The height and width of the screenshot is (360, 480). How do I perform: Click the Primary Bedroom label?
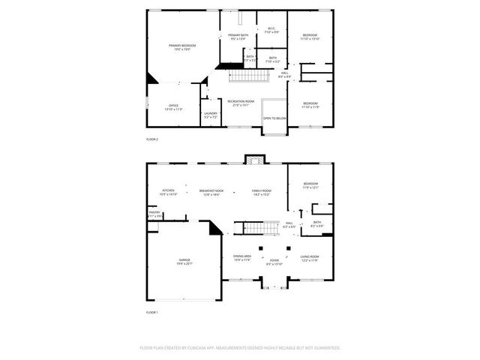coord(177,47)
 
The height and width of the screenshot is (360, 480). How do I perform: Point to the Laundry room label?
coord(211,115)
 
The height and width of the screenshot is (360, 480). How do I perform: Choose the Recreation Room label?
coord(241,103)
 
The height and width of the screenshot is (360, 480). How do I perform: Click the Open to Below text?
coord(274,118)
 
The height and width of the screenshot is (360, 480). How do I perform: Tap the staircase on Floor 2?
coord(248,76)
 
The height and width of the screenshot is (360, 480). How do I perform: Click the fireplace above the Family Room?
coord(255,160)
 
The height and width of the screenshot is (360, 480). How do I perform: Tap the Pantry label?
coord(154,214)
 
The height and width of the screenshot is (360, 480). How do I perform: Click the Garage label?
coord(184,262)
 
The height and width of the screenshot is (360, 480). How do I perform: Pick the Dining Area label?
coord(241,258)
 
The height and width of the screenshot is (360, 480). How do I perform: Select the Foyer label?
coord(274,262)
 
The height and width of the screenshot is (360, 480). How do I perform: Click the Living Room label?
coord(310,258)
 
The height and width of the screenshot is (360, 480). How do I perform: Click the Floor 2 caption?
coord(152,139)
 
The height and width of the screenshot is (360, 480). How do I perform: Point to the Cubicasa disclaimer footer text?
coord(240,348)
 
